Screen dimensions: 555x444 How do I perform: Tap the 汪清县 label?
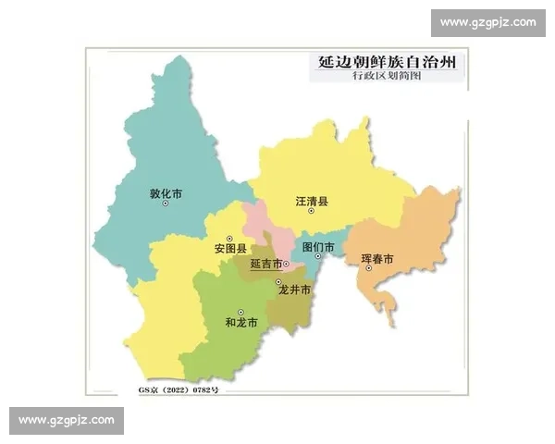point(312,201)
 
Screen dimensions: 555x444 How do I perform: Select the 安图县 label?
point(229,248)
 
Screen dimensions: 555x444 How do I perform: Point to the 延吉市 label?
point(266,264)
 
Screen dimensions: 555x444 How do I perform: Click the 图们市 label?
point(318,247)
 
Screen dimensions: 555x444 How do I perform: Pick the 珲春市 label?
point(377,259)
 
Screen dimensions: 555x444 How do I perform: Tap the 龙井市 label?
point(294,290)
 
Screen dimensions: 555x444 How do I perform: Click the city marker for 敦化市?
point(166,204)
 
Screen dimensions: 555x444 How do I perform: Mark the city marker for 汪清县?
point(312,212)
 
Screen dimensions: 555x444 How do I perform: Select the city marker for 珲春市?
point(368,269)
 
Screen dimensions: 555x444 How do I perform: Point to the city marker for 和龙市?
point(241,312)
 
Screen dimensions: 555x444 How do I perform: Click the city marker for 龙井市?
point(277,281)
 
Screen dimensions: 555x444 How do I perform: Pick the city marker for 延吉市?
point(287,264)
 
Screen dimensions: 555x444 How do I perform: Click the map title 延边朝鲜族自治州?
point(387,61)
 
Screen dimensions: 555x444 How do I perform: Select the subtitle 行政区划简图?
point(387,78)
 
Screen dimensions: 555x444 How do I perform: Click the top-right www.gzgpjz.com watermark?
point(487,22)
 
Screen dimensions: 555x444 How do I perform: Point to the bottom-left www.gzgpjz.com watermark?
point(67,421)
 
